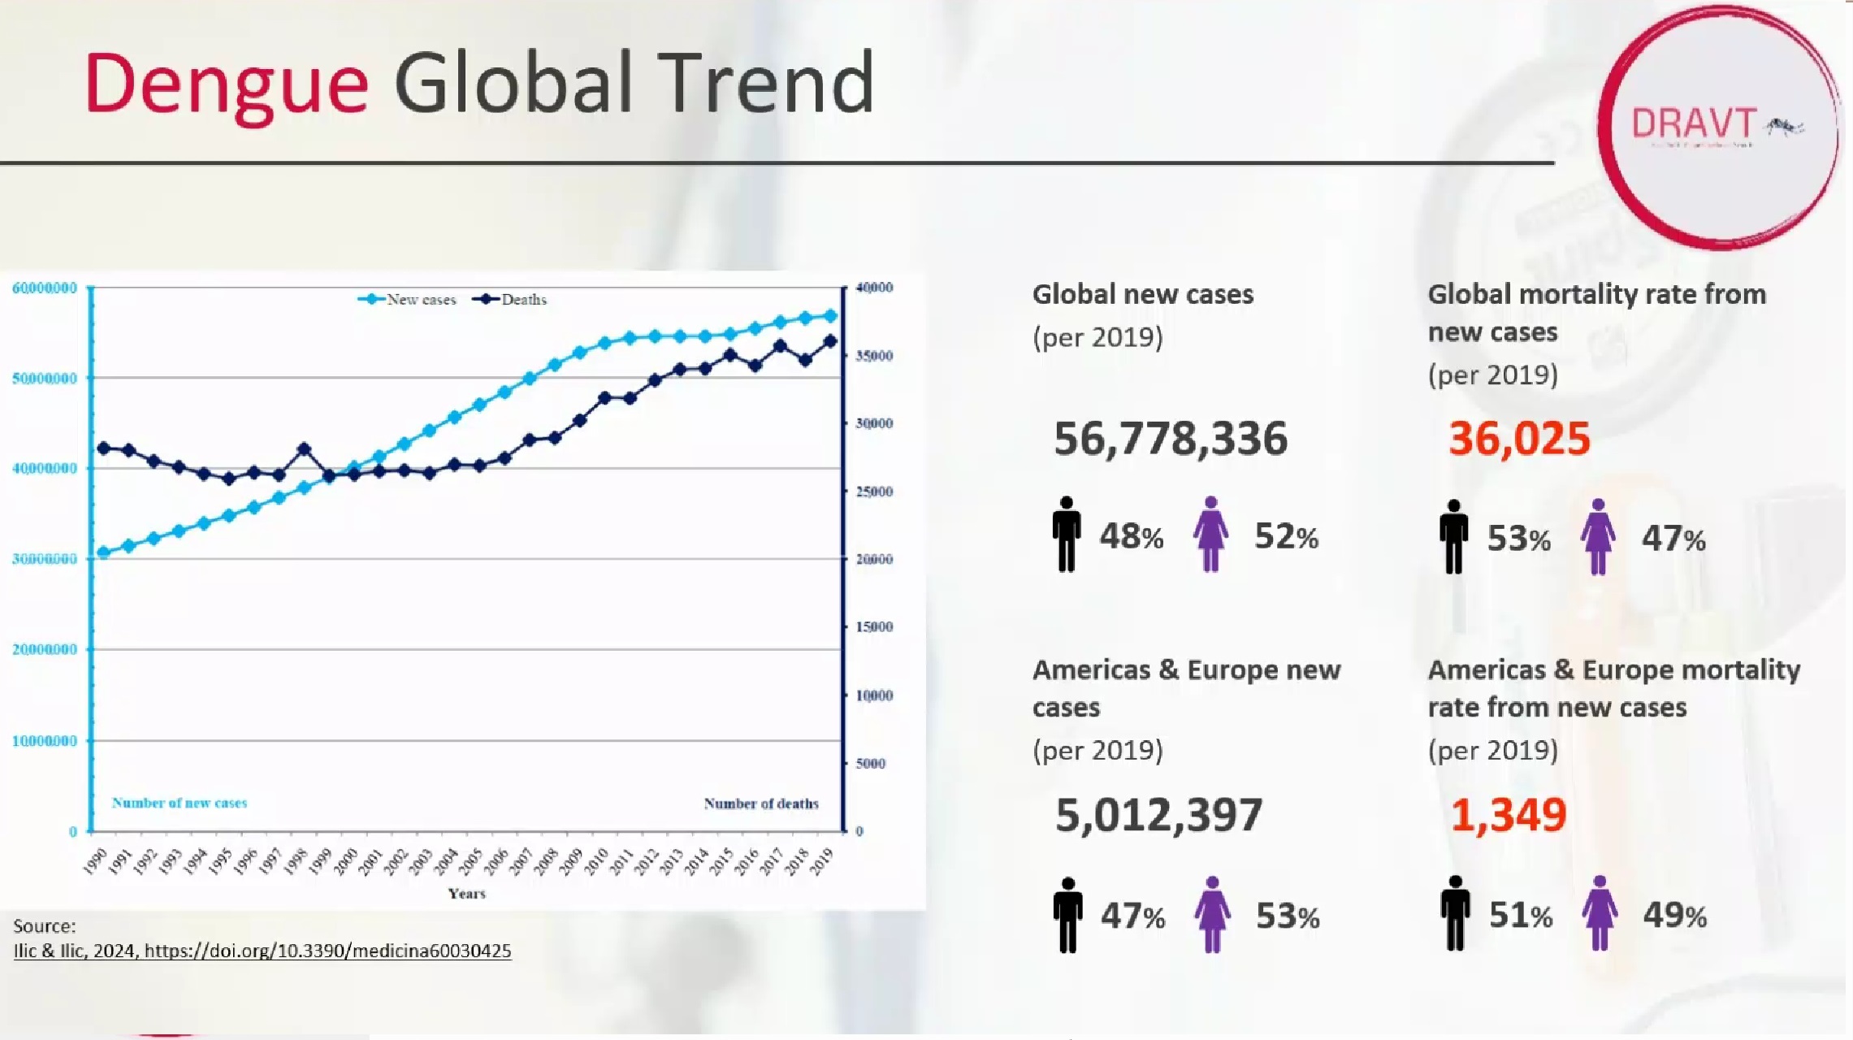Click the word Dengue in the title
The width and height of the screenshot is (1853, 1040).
coord(226,84)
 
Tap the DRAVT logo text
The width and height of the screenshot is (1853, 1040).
coord(1694,124)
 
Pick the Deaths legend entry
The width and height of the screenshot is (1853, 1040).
coord(511,300)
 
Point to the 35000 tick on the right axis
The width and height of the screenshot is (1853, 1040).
coord(874,356)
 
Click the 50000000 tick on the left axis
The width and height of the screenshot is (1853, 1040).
coord(45,379)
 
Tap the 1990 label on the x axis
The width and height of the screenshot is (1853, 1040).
coord(96,860)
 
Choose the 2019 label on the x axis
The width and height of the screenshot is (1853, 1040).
coord(822,860)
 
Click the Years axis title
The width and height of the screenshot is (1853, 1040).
coord(466,894)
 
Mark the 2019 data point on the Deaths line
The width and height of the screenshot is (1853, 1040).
coord(830,342)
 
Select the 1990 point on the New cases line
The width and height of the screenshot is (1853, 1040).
coord(103,552)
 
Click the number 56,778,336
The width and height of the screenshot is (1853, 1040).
coord(1171,439)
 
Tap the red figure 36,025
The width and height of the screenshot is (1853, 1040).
coord(1519,439)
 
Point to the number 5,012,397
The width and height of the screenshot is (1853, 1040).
coord(1158,815)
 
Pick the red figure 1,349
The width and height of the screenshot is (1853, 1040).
coord(1508,815)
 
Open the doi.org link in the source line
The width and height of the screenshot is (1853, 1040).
coord(327,951)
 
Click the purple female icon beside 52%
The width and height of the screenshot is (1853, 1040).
coord(1210,534)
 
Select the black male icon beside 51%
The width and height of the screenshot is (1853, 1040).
coord(1455,913)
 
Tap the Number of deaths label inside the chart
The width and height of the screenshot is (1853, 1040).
coord(761,804)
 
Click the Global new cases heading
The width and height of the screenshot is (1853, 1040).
coord(1142,294)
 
